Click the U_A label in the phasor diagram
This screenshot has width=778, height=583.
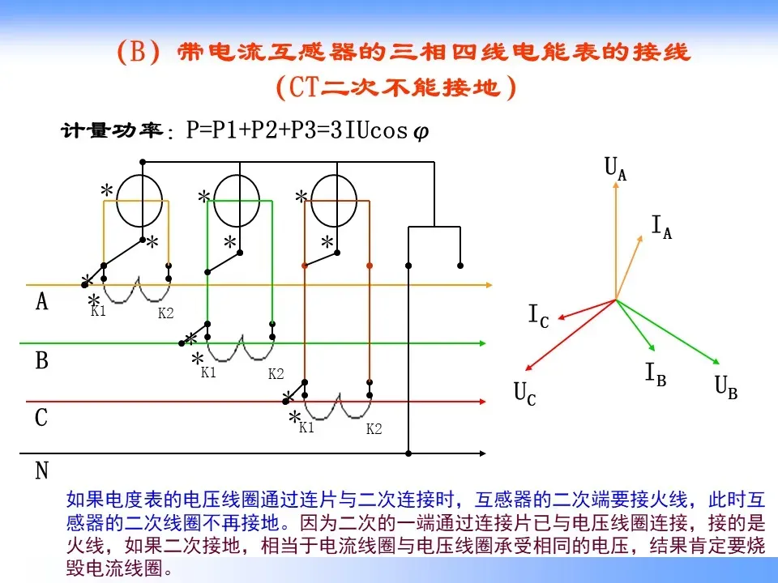[x=615, y=169]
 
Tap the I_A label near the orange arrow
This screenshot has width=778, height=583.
[x=661, y=228]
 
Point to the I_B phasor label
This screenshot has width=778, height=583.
[x=656, y=374]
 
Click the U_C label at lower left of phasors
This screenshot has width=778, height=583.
[x=524, y=394]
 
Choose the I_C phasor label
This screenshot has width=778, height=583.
[x=538, y=317]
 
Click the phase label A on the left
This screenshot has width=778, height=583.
[x=42, y=303]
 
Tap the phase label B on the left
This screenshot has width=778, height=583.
[x=42, y=361]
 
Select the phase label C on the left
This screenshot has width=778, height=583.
[x=42, y=419]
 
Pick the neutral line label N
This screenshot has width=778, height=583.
[x=42, y=471]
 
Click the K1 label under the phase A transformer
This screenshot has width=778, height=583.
[x=98, y=312]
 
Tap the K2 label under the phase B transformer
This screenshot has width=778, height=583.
[x=276, y=374]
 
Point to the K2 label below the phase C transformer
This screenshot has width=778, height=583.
[x=374, y=430]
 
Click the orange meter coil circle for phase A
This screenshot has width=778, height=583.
[x=139, y=202]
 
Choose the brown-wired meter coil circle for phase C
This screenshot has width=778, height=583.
[x=334, y=202]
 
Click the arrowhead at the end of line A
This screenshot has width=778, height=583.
[x=489, y=285]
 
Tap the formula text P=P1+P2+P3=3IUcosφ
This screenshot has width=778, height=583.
[x=307, y=131]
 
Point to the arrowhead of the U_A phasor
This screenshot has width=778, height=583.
[x=616, y=184]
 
